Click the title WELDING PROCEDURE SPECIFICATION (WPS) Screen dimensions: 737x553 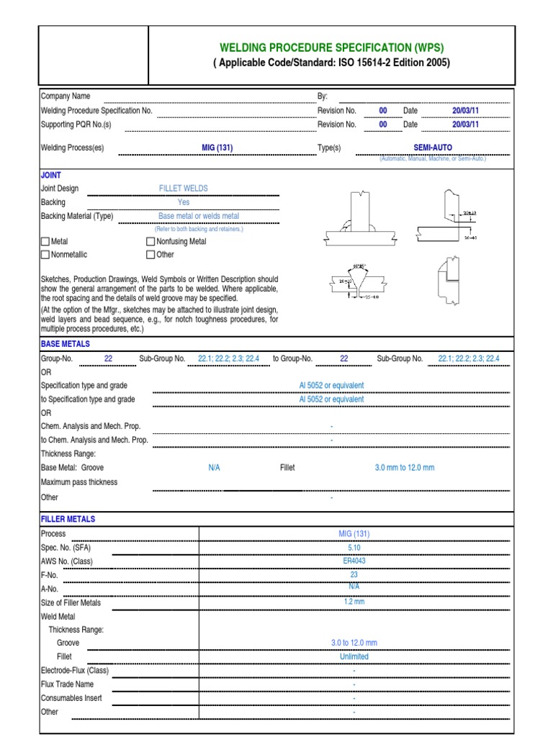(x=331, y=48)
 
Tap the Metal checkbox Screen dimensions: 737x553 (x=45, y=242)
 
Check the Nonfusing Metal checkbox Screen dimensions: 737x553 (x=150, y=242)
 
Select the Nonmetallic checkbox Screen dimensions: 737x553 (x=45, y=254)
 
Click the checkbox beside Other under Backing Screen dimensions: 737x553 (x=150, y=254)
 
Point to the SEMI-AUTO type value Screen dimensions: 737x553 (x=433, y=148)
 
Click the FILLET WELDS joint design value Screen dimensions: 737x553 (x=183, y=189)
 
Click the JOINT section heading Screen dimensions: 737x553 (x=51, y=175)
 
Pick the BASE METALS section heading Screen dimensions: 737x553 (x=66, y=345)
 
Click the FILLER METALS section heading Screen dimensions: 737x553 (x=68, y=519)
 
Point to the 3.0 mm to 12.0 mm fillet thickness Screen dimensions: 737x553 (x=405, y=468)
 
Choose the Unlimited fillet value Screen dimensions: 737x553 (x=354, y=656)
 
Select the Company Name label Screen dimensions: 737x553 (x=65, y=96)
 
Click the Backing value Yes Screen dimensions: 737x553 (x=184, y=202)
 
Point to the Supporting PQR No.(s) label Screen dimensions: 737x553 (x=76, y=125)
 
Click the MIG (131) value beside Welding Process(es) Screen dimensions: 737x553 (x=217, y=148)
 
